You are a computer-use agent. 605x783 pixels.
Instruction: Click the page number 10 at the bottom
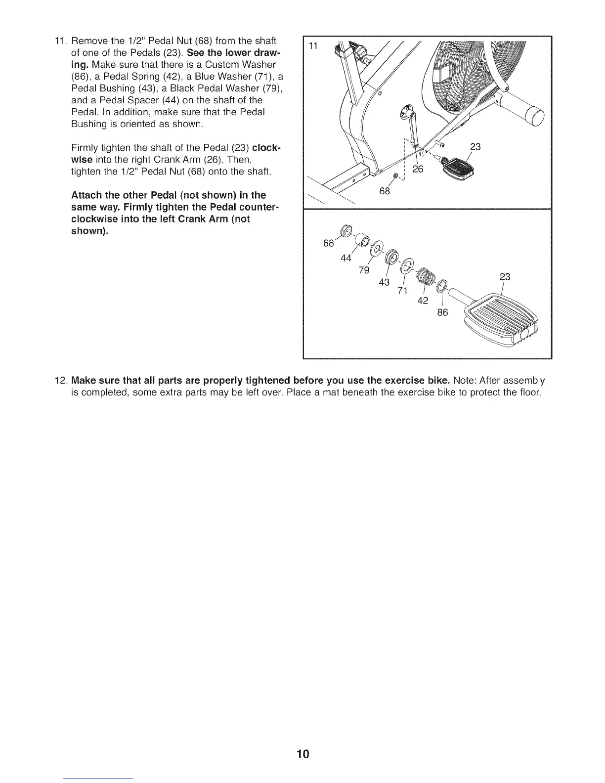302,754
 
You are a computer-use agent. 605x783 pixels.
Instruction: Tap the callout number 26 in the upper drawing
418,169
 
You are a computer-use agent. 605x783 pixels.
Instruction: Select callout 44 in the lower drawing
346,258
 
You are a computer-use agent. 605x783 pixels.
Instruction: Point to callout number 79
364,270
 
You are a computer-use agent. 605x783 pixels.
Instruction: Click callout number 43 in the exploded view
384,282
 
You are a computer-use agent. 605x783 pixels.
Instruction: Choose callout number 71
402,291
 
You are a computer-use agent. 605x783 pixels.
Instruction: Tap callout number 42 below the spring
423,301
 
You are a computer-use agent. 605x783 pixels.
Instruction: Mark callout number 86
442,312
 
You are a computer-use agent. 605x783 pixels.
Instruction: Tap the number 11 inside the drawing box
313,46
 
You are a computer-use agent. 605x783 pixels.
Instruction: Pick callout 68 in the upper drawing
384,191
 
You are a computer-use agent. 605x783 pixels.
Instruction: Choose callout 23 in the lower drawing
504,277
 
